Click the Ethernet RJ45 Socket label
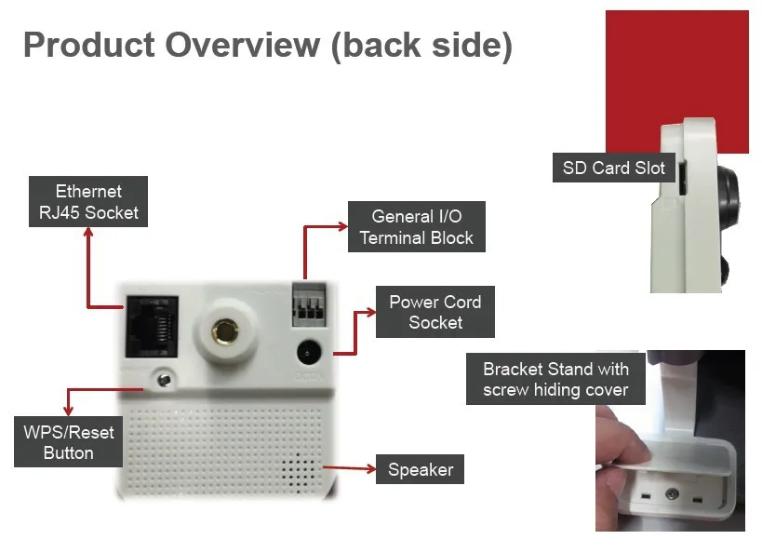tap(88, 202)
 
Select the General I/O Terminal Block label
tap(416, 227)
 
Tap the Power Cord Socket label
tap(434, 312)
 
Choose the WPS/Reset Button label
tap(68, 442)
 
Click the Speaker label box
tap(420, 469)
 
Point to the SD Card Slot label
tap(613, 169)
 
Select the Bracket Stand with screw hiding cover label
tap(555, 379)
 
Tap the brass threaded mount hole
tap(224, 329)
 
